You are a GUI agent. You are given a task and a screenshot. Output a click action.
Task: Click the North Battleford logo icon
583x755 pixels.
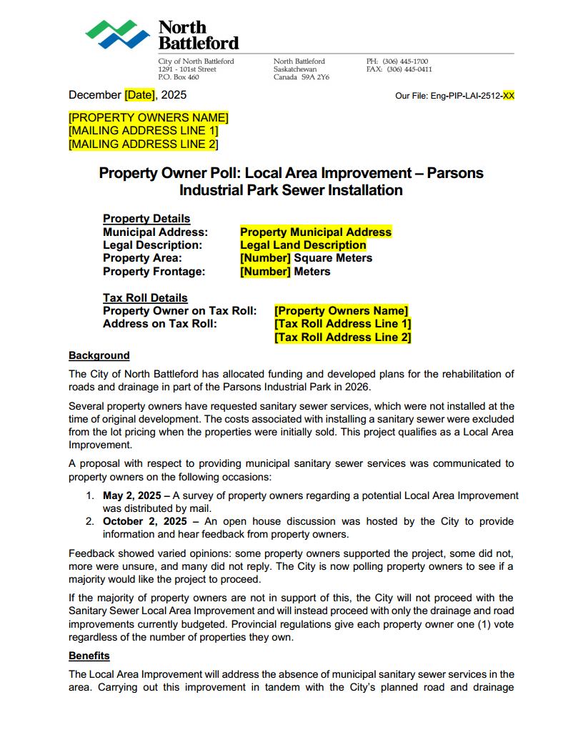[x=118, y=34]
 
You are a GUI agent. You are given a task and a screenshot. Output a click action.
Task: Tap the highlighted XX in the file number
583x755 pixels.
[x=508, y=96]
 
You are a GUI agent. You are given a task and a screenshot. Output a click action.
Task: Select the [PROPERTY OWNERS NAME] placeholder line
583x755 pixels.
[x=149, y=118]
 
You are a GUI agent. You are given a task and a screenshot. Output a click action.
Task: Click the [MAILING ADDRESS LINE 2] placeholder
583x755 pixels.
[x=143, y=144]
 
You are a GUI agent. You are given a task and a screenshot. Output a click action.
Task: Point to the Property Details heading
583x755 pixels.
[x=146, y=219]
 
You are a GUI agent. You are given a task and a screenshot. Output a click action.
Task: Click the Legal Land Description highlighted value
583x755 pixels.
[x=303, y=245]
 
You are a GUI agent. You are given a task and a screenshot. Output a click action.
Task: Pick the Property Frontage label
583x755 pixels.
[x=154, y=272]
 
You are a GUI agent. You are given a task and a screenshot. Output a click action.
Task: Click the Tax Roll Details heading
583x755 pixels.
[x=145, y=298]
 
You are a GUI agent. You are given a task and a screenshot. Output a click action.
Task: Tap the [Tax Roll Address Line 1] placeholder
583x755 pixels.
[x=342, y=324]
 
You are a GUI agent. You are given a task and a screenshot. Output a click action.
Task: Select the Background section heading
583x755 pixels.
[x=99, y=355]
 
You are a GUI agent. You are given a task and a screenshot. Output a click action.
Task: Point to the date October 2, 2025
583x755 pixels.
[x=144, y=521]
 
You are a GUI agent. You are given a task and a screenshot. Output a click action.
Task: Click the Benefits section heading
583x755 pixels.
[x=89, y=656]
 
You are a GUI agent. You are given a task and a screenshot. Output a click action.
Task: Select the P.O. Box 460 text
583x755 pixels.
[x=179, y=77]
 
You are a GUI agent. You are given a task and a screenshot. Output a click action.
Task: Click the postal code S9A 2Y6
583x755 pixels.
[x=315, y=77]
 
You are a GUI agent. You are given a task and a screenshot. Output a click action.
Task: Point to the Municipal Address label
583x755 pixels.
[x=155, y=232]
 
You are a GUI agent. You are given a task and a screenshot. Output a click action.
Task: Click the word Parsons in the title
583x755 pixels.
[x=455, y=173]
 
